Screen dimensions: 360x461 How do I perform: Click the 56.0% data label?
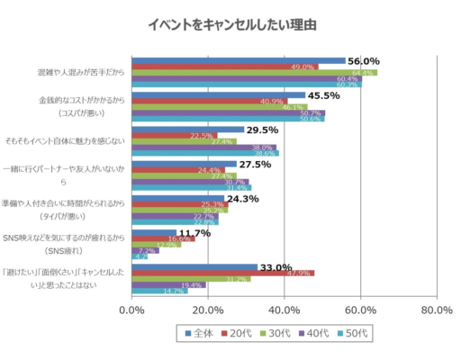(364, 61)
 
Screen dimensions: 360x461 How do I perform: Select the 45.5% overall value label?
(324, 95)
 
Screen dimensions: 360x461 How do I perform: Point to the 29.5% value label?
(262, 130)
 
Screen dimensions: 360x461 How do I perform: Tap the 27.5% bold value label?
(255, 165)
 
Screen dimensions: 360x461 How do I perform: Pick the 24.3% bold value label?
(243, 199)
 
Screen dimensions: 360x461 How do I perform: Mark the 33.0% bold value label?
(276, 267)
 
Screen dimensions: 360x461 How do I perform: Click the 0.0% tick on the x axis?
(131, 310)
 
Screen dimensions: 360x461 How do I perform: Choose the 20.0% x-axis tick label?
(208, 310)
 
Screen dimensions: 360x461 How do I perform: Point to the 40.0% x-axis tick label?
(285, 310)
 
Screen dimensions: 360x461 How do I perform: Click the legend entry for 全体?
(198, 333)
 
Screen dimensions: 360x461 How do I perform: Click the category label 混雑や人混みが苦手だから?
(80, 69)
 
